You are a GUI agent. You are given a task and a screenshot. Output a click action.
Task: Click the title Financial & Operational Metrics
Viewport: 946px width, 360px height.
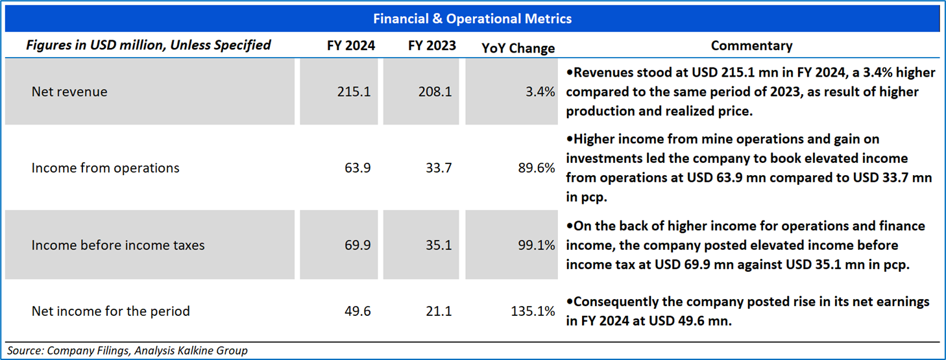(x=472, y=19)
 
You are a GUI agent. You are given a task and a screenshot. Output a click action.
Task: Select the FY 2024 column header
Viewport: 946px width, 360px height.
(x=351, y=46)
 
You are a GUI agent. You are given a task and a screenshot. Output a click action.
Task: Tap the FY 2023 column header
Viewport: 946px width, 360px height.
(x=432, y=46)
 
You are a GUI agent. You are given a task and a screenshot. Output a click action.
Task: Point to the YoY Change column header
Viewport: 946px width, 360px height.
(x=518, y=48)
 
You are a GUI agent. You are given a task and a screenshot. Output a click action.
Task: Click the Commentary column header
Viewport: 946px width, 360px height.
(x=751, y=46)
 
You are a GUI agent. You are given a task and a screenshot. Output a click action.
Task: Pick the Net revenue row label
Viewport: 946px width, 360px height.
(x=69, y=92)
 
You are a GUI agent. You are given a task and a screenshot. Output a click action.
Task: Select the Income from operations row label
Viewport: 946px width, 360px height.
(x=106, y=168)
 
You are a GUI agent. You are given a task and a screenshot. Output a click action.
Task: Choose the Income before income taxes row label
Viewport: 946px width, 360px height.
(x=118, y=245)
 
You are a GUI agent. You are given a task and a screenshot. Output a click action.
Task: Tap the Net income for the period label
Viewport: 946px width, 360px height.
(x=111, y=311)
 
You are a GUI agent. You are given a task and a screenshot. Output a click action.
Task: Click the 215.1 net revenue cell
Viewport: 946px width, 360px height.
(x=354, y=92)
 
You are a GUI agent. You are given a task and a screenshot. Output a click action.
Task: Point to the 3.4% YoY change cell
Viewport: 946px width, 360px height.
(x=541, y=92)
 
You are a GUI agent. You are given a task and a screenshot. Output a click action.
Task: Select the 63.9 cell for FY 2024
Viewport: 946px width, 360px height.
(x=358, y=168)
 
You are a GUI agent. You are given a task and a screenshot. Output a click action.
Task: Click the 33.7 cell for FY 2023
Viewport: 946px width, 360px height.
(x=439, y=168)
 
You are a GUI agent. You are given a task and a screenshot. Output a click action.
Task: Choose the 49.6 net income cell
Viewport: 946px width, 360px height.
(x=358, y=311)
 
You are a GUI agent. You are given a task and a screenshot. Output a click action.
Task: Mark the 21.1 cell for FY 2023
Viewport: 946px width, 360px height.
(x=439, y=311)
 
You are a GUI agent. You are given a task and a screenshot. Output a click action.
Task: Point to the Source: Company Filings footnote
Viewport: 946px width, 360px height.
(x=128, y=351)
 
